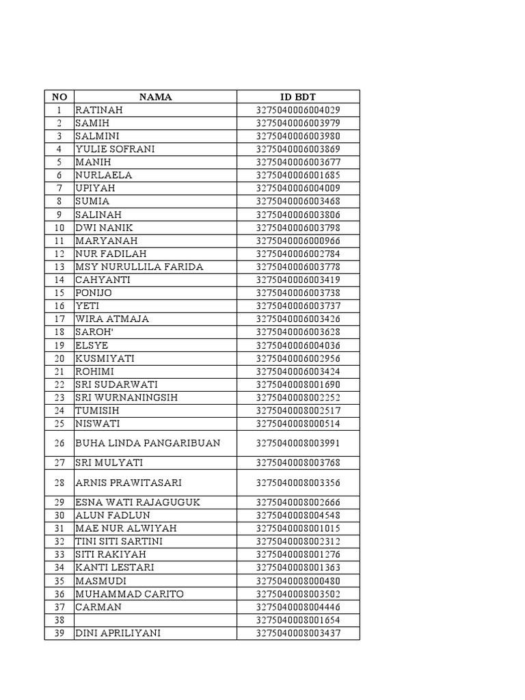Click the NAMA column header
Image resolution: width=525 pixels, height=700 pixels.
[x=155, y=97]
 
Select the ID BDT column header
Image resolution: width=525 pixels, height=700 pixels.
[x=298, y=97]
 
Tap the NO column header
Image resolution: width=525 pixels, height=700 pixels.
[x=59, y=97]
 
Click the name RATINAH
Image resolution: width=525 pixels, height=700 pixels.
[x=99, y=110]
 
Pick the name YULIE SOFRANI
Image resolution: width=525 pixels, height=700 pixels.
[x=115, y=149]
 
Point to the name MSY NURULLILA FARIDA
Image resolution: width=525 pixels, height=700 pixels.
[x=139, y=267]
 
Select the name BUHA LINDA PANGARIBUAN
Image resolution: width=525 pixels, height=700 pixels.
[x=148, y=443]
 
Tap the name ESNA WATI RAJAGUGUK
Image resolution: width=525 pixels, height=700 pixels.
[x=137, y=502]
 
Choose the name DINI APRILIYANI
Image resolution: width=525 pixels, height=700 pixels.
[x=118, y=633]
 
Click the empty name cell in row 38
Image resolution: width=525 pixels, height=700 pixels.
[x=155, y=620]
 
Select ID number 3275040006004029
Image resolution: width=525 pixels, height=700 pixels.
[x=298, y=110]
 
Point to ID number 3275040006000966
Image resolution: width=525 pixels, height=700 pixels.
[x=298, y=241]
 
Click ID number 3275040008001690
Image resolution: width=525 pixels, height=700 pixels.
[x=298, y=385]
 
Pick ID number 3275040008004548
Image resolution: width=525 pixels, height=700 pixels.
[x=298, y=515]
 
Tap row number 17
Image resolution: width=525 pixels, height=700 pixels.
[x=59, y=319]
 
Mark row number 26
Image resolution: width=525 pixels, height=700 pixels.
[x=59, y=443]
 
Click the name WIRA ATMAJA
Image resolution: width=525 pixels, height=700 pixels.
[x=112, y=319]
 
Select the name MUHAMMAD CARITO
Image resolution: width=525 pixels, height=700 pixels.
[x=129, y=594]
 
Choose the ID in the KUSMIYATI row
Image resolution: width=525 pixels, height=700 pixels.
[x=298, y=358]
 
